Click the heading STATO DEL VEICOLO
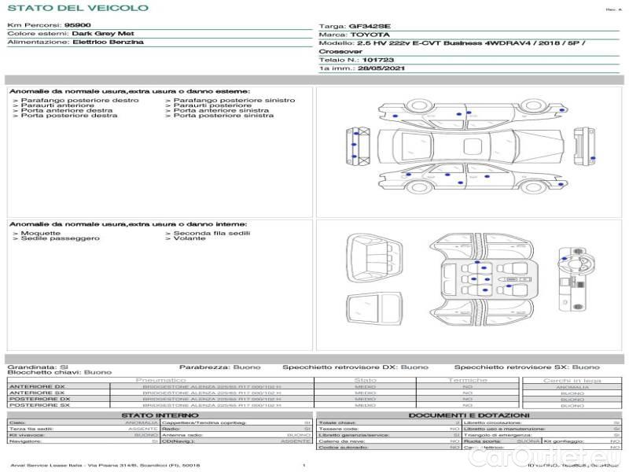[78, 8]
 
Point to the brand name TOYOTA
[370, 35]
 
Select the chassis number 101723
[379, 60]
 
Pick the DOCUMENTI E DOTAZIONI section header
[469, 415]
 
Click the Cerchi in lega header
[572, 380]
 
